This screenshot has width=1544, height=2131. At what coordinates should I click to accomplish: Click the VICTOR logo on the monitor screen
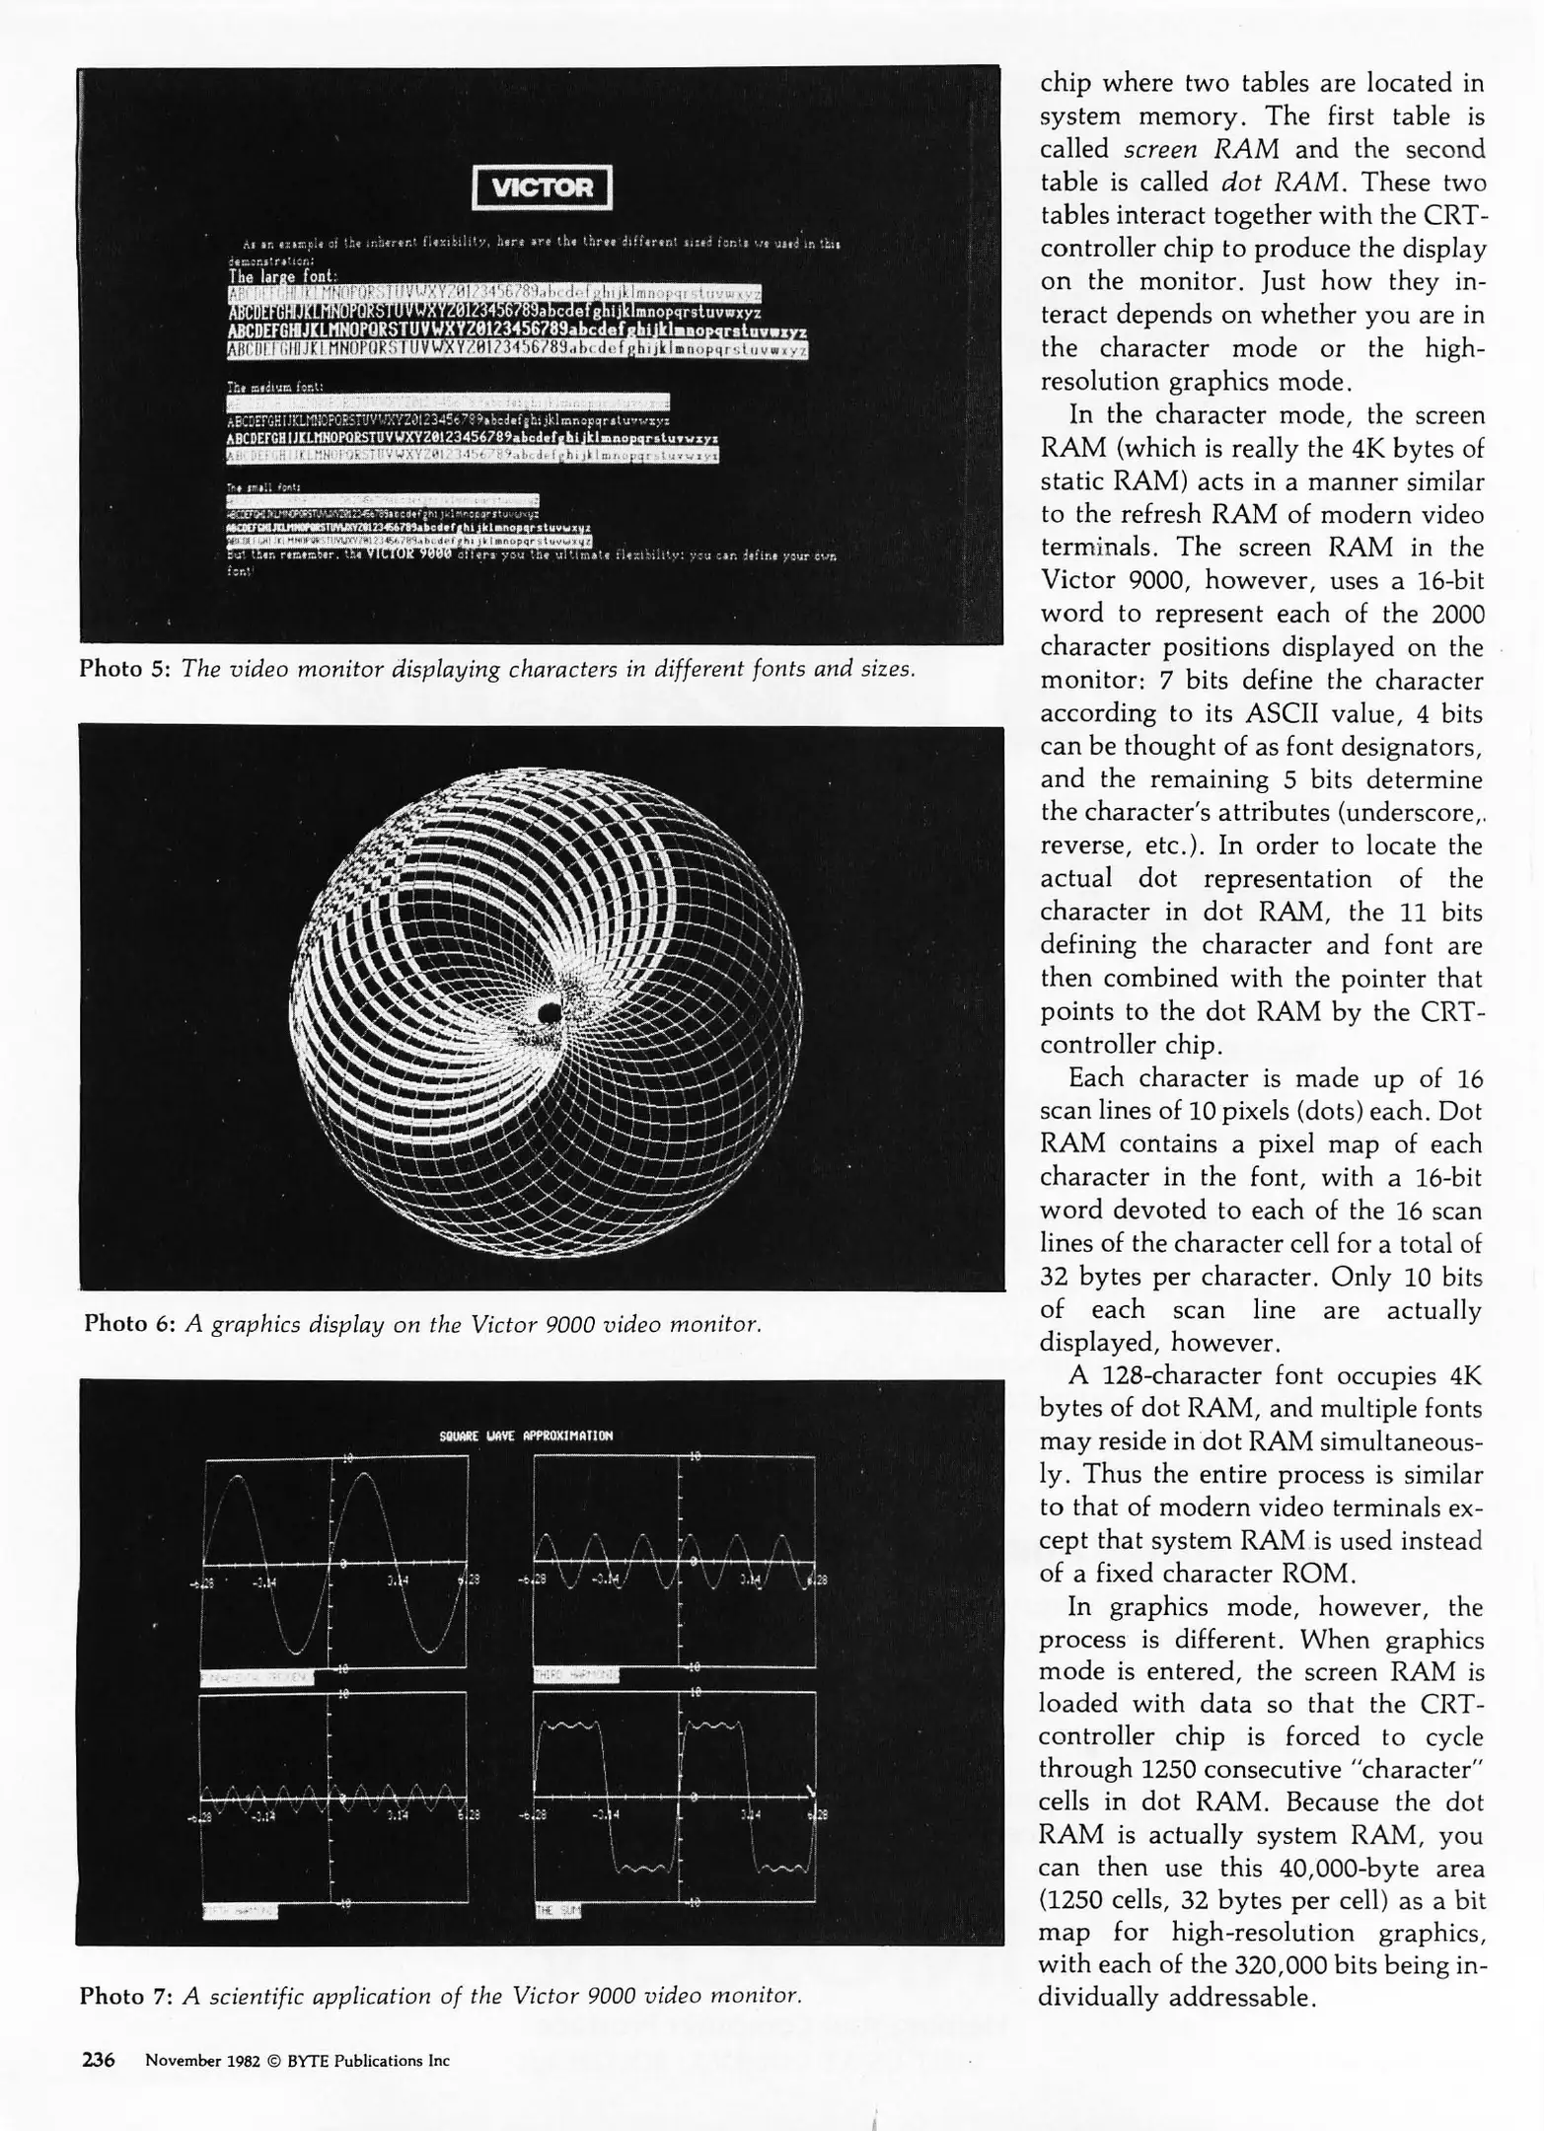click(543, 187)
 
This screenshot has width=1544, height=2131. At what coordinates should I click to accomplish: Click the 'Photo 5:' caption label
click(124, 669)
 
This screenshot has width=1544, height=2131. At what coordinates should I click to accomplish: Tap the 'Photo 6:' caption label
click(129, 1323)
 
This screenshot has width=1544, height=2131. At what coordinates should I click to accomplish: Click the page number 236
click(98, 2060)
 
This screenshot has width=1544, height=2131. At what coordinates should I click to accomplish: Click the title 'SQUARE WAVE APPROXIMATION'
click(526, 1435)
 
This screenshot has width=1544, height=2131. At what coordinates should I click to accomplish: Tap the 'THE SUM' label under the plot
click(558, 1911)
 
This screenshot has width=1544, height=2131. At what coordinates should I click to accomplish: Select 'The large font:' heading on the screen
click(282, 277)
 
